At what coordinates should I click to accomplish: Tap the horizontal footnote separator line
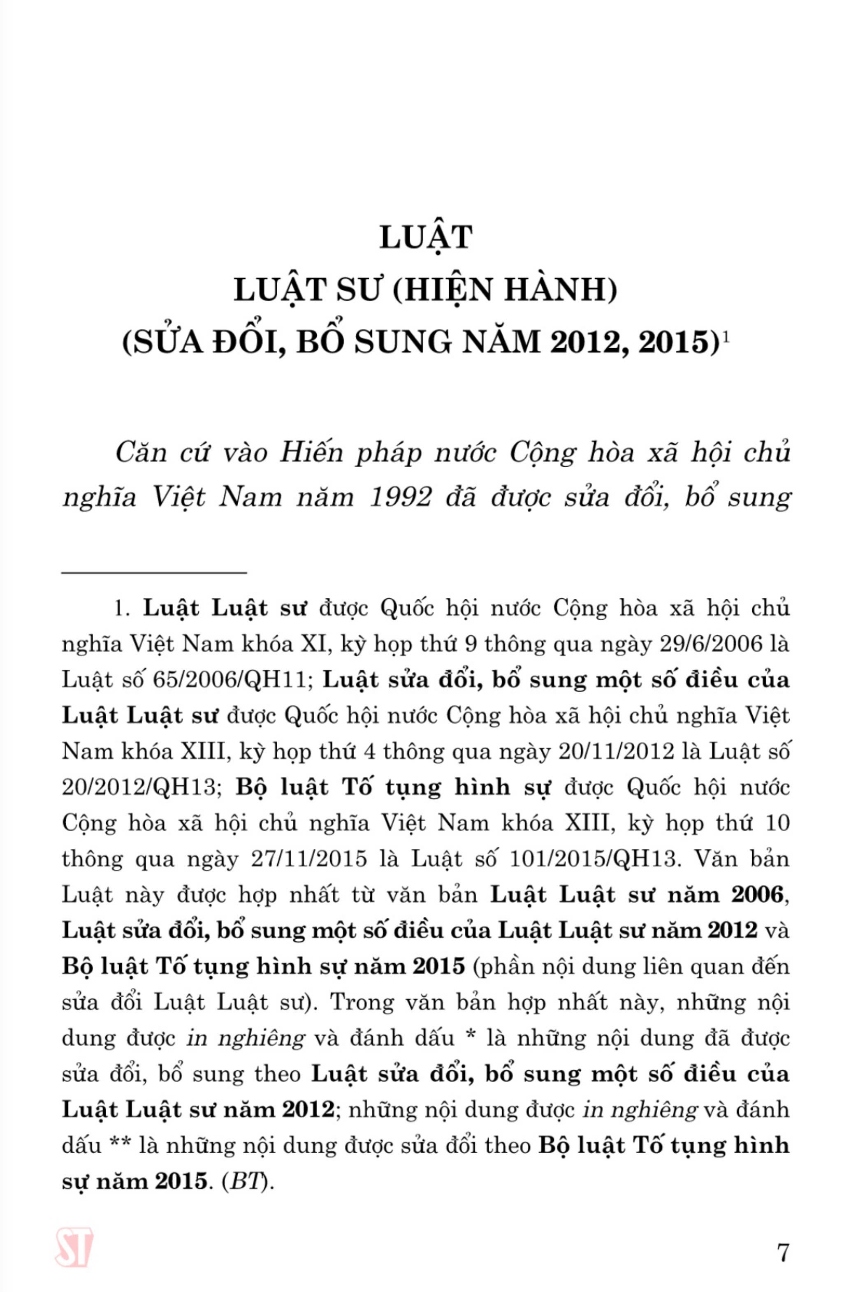[x=154, y=573]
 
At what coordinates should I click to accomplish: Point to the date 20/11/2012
[x=616, y=752]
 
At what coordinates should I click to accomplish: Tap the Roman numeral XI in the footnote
[x=316, y=644]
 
